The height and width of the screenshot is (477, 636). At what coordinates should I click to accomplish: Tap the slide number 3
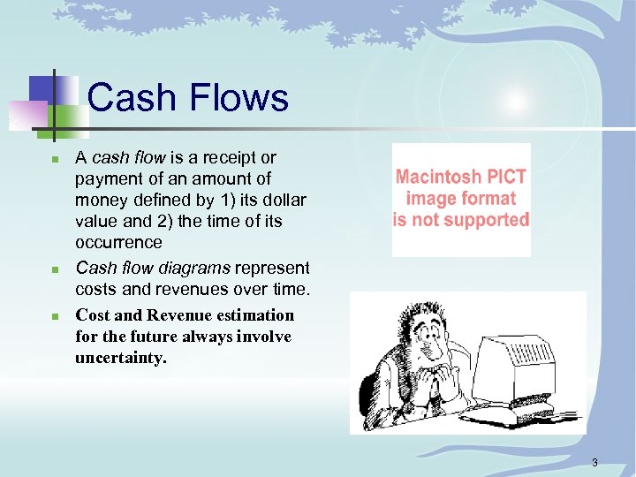(595, 462)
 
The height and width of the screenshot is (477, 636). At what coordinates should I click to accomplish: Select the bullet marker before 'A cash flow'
(54, 160)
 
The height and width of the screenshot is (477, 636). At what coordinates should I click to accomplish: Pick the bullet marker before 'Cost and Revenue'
(54, 316)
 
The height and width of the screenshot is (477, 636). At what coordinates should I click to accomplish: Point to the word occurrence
(118, 242)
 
